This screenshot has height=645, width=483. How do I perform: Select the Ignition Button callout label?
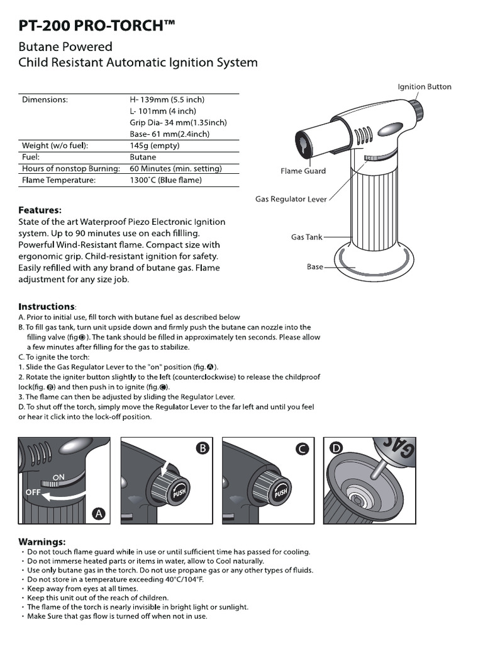[x=424, y=87]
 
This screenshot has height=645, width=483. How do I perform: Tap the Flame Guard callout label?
[x=303, y=171]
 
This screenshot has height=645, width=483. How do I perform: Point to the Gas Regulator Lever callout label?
[x=291, y=199]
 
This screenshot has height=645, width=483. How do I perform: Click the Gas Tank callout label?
[x=306, y=237]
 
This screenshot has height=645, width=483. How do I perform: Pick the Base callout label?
[x=314, y=267]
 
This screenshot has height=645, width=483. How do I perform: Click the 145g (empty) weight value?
[x=154, y=146]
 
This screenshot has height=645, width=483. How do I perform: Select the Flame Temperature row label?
[x=58, y=180]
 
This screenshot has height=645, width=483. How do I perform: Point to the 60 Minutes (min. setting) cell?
[x=175, y=169]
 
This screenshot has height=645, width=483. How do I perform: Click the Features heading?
[x=40, y=210]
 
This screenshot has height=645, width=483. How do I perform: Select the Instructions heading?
[x=47, y=306]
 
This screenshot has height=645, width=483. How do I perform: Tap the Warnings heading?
[x=42, y=541]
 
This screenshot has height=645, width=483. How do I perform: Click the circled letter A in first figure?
[x=97, y=514]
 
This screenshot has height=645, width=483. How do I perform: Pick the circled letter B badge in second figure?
[x=202, y=448]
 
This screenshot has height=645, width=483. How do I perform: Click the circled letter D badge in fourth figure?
[x=336, y=448]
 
